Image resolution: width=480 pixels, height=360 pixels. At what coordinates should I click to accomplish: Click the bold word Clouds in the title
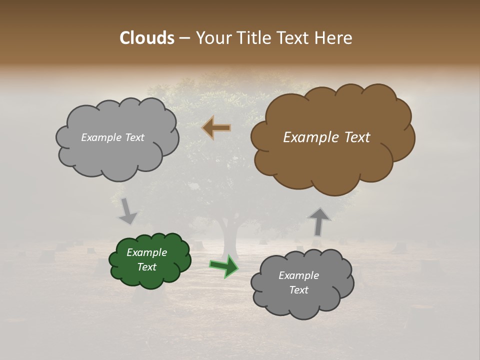tap(146, 38)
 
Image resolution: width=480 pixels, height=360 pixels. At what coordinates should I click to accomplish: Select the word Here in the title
tap(334, 38)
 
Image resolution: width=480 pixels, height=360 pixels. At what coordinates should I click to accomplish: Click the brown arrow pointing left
tap(216, 128)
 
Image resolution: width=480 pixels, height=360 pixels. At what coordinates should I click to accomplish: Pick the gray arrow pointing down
tap(126, 210)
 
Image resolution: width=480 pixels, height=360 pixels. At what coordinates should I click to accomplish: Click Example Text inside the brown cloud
tap(326, 137)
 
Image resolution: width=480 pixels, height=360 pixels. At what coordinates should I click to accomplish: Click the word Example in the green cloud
tap(146, 252)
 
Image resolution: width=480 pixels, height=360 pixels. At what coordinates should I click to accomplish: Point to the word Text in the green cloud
tap(146, 267)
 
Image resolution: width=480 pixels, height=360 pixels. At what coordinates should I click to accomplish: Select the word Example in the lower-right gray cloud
tap(298, 275)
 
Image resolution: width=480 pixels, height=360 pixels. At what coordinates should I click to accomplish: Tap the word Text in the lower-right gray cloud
tap(298, 290)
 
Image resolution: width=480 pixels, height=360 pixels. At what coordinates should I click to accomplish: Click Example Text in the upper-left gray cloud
tap(112, 137)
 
